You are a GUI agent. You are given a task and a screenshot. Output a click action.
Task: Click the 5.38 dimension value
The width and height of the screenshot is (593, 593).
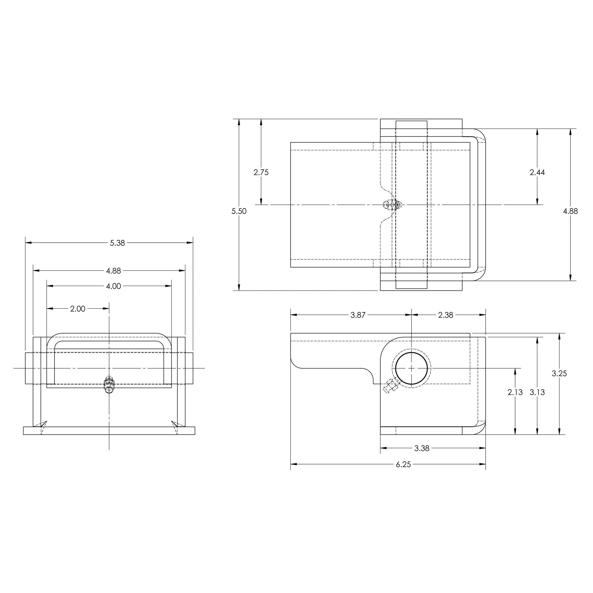[118, 243]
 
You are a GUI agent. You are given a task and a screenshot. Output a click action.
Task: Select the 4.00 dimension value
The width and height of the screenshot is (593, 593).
[113, 286]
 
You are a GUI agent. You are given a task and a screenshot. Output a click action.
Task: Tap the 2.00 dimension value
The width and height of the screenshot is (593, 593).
[78, 309]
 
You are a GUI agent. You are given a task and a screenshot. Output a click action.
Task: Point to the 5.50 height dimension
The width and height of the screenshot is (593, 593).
[239, 211]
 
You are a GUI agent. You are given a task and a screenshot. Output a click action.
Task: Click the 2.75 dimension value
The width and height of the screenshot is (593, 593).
[261, 173]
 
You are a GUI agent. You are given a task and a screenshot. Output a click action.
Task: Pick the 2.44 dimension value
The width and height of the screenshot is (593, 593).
[537, 173]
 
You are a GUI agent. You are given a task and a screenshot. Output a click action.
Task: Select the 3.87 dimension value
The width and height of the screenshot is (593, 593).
[358, 315]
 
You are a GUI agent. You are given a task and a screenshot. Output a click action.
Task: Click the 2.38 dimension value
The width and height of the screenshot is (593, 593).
[446, 315]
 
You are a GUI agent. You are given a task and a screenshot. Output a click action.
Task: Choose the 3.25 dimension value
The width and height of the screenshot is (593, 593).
[559, 374]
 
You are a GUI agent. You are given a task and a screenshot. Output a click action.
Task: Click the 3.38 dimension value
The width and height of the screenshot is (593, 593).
[422, 449]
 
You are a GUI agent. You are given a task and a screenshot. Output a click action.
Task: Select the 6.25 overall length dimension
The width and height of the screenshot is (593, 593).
[403, 465]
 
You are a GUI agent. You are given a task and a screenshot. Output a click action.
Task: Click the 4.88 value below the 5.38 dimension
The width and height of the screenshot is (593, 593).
[113, 271]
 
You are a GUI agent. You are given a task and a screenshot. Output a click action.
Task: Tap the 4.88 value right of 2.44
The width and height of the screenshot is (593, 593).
[571, 211]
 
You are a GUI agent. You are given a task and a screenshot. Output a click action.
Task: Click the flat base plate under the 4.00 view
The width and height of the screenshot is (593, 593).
[109, 431]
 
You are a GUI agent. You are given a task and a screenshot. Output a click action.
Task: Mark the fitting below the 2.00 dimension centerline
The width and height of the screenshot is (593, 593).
[109, 384]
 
